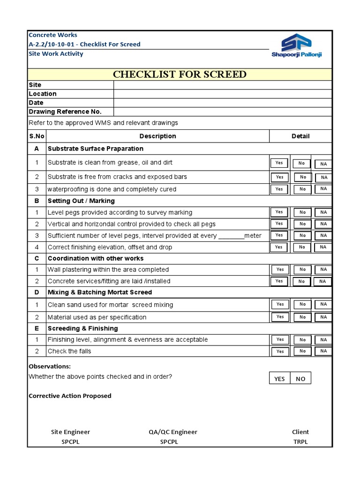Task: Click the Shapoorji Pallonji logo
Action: tap(296, 45)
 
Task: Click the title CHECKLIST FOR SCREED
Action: tap(180, 75)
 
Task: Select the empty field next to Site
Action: tap(223, 85)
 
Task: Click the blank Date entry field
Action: tap(223, 103)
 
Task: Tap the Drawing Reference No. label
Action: tap(65, 112)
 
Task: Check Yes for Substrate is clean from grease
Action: tap(279, 163)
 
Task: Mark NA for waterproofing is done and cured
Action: tap(323, 189)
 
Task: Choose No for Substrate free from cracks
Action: tap(303, 177)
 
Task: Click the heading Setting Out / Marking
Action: tap(81, 201)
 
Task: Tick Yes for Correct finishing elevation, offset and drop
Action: tap(279, 247)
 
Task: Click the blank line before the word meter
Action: tap(231, 236)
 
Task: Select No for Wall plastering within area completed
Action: tap(302, 270)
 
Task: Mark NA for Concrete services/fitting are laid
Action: tap(322, 281)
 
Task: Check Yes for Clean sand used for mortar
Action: tap(280, 304)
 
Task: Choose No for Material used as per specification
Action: tap(302, 317)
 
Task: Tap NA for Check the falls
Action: tap(323, 351)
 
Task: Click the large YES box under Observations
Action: tap(279, 379)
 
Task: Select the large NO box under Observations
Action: tap(300, 379)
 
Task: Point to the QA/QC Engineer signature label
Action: tap(169, 432)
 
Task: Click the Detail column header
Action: tap(300, 136)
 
